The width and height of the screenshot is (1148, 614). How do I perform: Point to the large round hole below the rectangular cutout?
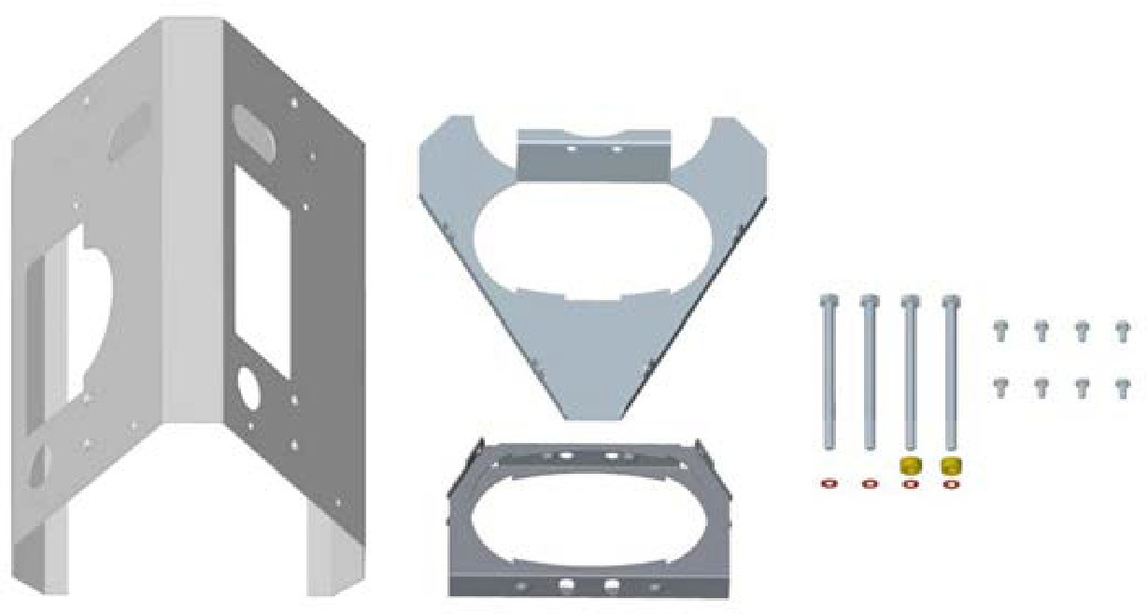tap(250, 383)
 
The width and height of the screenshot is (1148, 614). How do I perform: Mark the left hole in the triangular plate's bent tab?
tap(571, 148)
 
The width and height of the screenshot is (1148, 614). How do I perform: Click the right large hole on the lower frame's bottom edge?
tap(612, 586)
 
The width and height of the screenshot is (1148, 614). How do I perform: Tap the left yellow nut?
tap(909, 465)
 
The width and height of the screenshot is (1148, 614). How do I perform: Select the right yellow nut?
tap(951, 465)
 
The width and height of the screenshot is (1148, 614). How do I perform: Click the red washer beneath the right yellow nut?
tap(951, 484)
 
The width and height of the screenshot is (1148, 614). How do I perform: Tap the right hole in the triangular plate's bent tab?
tap(616, 148)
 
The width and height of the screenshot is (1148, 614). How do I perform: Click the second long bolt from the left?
tap(870, 374)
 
